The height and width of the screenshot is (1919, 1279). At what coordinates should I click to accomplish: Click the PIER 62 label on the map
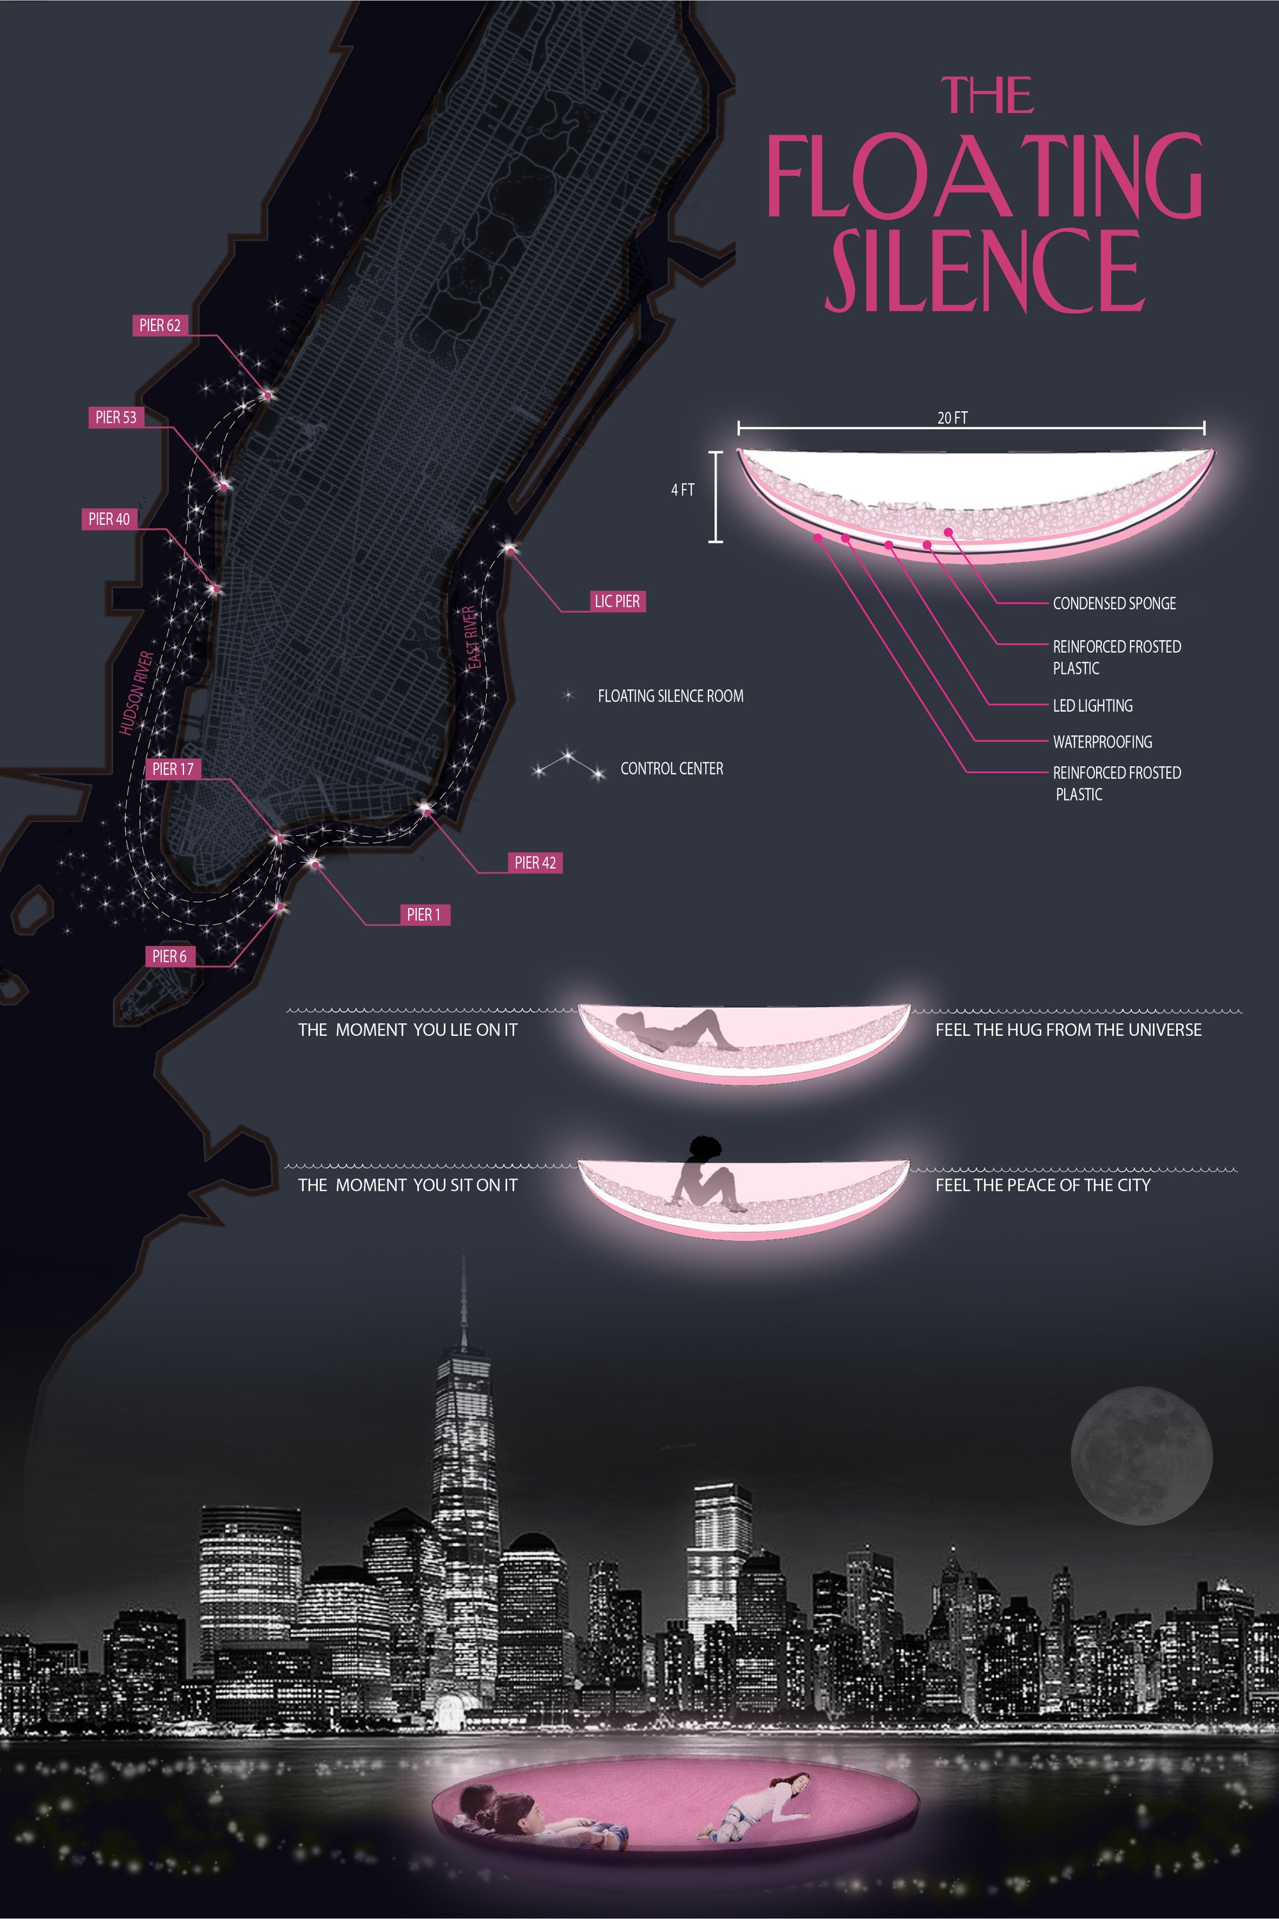click(160, 325)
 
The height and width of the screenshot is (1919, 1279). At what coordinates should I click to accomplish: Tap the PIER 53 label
click(116, 418)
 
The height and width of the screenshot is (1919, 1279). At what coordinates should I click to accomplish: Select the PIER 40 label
click(109, 519)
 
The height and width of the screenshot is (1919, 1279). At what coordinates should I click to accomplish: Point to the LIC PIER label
click(616, 602)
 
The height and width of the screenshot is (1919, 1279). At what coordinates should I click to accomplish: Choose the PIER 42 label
click(535, 863)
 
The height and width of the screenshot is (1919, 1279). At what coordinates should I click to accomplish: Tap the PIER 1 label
click(424, 915)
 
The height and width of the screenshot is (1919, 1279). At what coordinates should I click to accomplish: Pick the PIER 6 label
click(169, 957)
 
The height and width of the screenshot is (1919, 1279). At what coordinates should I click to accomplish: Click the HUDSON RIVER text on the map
click(136, 693)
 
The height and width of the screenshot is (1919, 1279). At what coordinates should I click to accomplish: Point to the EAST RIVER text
click(471, 638)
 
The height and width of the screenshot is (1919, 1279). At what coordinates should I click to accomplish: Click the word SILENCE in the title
click(985, 270)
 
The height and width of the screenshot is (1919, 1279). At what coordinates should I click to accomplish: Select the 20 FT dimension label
click(953, 418)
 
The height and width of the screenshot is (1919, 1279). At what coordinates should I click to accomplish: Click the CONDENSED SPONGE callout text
click(1114, 604)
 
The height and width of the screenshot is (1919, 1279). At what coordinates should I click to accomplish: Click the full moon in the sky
click(1141, 1456)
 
